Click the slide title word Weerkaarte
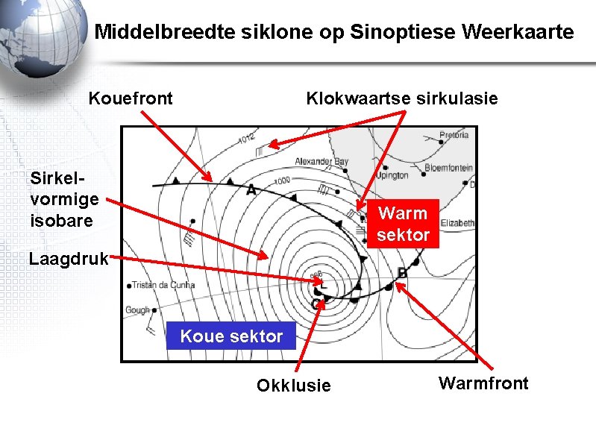(x=518, y=33)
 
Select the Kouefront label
(x=131, y=98)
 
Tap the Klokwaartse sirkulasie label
(x=401, y=98)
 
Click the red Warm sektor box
(x=403, y=224)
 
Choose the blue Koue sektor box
(x=231, y=336)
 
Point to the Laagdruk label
(x=69, y=260)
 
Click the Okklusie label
(x=293, y=386)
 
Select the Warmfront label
(x=483, y=383)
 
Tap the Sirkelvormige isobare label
(x=64, y=199)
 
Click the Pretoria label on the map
(x=454, y=135)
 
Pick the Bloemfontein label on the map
(x=449, y=169)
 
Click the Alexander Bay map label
(x=321, y=161)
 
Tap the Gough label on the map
(x=138, y=310)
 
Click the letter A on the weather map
(x=251, y=190)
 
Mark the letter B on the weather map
(x=402, y=273)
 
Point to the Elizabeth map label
(x=457, y=222)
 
